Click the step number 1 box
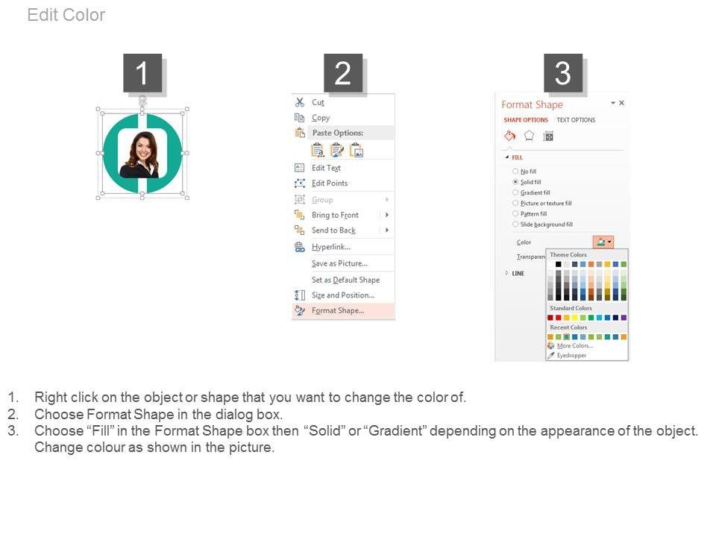pos(142,73)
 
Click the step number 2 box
pos(343,73)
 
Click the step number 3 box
pos(563,73)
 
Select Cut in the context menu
pos(318,102)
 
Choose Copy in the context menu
pos(321,118)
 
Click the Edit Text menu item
pos(326,168)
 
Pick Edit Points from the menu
pos(330,183)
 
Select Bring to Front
pos(335,215)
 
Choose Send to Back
pos(333,230)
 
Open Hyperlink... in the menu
pos(331,247)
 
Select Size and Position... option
pos(343,295)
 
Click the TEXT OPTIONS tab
pos(576,120)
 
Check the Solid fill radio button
pos(515,182)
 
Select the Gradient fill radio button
pos(515,192)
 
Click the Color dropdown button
pos(603,242)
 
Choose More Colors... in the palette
pos(574,345)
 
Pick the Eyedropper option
pos(571,355)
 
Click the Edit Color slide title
pos(66,15)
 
